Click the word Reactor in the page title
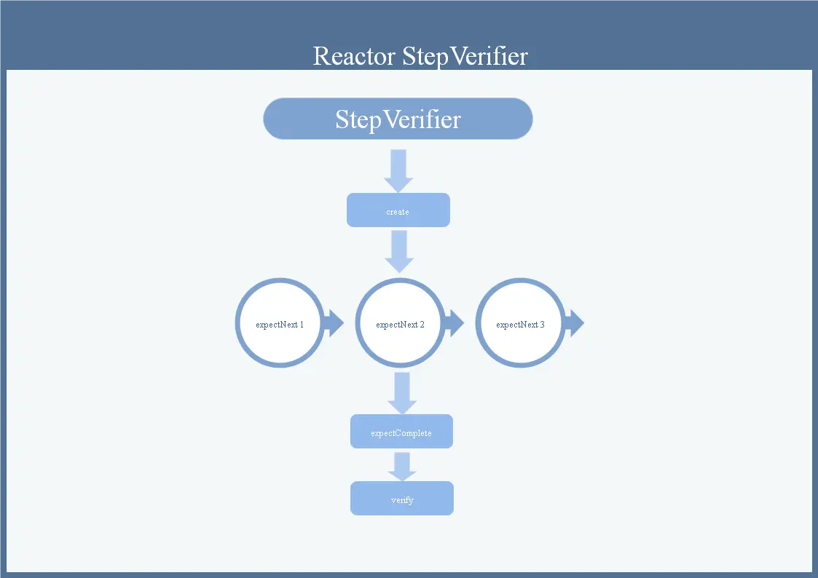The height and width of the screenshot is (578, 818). tap(354, 56)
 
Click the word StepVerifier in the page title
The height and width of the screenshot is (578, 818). tap(465, 56)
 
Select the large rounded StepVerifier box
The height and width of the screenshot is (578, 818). tap(398, 119)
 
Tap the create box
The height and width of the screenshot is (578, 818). tap(398, 210)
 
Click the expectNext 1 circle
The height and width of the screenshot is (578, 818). tap(280, 323)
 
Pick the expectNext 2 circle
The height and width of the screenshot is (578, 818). tap(400, 323)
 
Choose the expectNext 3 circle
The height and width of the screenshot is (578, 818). tap(520, 323)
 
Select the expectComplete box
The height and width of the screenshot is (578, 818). tap(401, 432)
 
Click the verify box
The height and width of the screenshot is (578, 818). tap(402, 499)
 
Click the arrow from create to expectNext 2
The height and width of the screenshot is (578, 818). tap(399, 251)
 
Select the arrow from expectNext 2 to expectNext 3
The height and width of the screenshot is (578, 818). tap(453, 323)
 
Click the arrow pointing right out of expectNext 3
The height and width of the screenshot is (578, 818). tap(574, 323)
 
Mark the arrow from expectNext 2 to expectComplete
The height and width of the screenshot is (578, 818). tap(402, 393)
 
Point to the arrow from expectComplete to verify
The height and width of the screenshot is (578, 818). tap(402, 466)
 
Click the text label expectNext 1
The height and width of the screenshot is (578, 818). tap(280, 325)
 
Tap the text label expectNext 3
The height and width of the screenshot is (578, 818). tap(520, 325)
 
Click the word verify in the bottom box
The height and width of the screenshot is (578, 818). tap(402, 500)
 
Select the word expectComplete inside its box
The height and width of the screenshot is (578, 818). tap(401, 433)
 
